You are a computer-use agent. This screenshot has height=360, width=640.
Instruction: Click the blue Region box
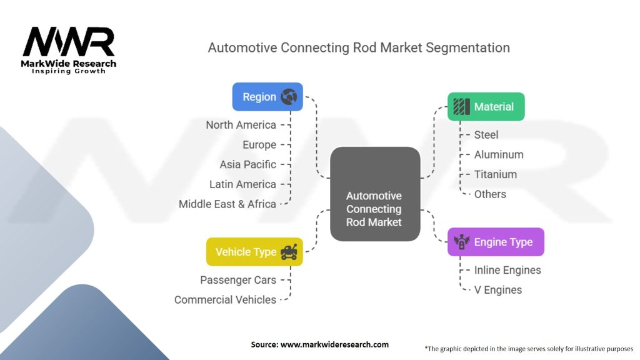[x=267, y=97]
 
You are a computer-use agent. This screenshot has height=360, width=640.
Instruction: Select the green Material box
[x=486, y=107]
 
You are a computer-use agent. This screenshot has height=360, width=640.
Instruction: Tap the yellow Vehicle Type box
[x=254, y=252]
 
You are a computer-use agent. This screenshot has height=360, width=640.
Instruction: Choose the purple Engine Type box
[x=496, y=242]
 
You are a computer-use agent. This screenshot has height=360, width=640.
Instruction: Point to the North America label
[x=241, y=125]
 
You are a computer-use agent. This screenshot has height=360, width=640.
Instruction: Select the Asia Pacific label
[x=247, y=164]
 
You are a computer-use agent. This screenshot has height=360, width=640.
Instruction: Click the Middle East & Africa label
[x=227, y=204]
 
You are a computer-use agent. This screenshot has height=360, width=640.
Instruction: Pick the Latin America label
[x=242, y=184]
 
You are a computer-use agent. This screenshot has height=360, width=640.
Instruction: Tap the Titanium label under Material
[x=496, y=174]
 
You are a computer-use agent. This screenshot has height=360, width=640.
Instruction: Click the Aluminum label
[x=499, y=154]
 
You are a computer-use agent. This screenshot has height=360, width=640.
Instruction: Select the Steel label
[x=486, y=134]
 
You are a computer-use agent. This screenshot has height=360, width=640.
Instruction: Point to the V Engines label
[x=498, y=290]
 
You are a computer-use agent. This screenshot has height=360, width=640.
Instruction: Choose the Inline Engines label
[x=507, y=270]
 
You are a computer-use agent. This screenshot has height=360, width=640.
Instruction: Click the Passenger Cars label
[x=237, y=280]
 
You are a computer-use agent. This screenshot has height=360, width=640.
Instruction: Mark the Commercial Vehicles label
[x=225, y=300]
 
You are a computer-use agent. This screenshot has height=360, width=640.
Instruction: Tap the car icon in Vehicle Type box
[x=289, y=252]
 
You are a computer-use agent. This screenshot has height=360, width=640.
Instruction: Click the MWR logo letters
[x=69, y=42]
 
